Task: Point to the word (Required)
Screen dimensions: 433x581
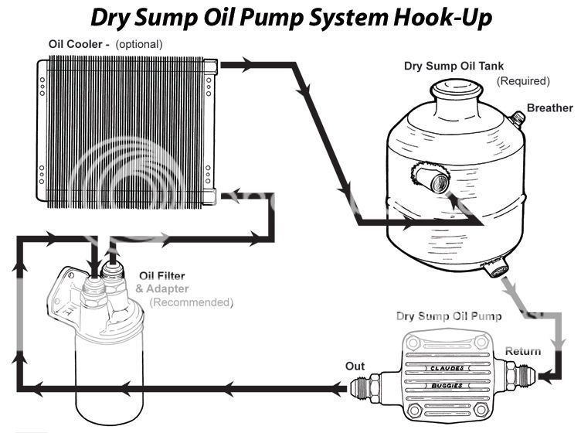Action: pyautogui.click(x=522, y=80)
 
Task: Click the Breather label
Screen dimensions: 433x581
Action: pyautogui.click(x=549, y=107)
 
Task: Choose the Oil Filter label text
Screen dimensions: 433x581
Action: pyautogui.click(x=161, y=276)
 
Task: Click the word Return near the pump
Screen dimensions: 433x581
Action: pyautogui.click(x=523, y=352)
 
